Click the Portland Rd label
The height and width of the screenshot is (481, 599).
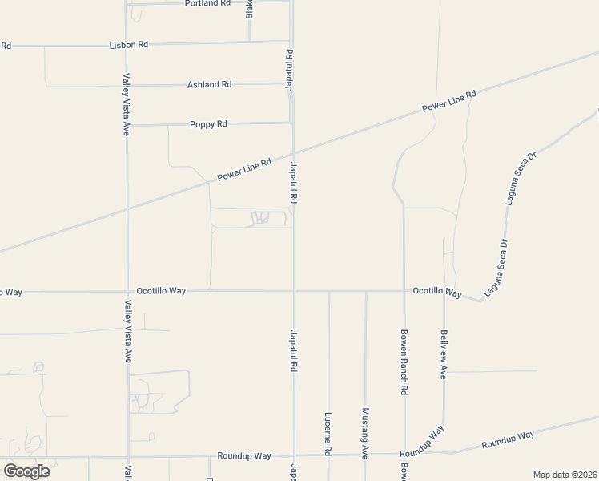coord(207,3)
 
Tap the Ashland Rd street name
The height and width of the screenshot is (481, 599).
coord(209,84)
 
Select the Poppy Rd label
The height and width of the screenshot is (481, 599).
coord(209,124)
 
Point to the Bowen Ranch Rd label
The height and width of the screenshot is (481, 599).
coord(404,362)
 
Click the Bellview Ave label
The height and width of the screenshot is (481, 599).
coord(443,354)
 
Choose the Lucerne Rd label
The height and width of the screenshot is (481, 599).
coord(328,435)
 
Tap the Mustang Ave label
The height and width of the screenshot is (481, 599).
coord(365,433)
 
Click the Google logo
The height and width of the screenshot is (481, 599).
coord(26,471)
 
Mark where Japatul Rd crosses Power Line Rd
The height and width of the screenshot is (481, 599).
coord(293,152)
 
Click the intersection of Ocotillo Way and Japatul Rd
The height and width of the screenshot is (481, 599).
coord(293,291)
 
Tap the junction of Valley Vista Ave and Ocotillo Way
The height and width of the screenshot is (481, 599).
coord(127,292)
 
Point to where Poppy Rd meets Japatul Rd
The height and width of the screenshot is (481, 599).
coord(291,123)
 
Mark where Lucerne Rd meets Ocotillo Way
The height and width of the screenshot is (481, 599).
coord(328,291)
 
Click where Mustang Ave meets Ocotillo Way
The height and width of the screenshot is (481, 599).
coord(365,291)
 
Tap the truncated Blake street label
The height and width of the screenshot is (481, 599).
coord(249,9)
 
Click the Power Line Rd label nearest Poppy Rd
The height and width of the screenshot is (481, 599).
coord(245,167)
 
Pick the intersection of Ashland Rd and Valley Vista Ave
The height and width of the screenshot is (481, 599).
coord(127,85)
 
